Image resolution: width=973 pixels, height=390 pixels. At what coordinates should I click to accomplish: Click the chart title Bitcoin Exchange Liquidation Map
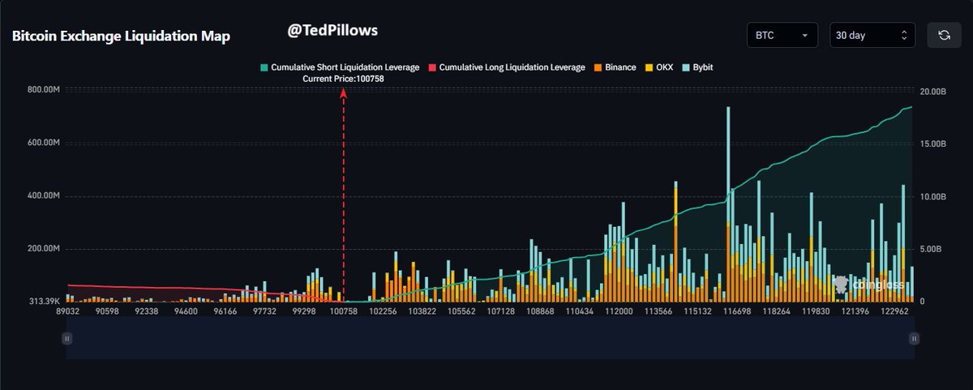(121, 36)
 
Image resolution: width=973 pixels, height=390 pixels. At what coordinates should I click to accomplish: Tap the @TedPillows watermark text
(332, 30)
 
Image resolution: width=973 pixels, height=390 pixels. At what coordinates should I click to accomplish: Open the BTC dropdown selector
(782, 36)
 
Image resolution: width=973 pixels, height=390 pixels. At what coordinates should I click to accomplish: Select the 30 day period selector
(872, 36)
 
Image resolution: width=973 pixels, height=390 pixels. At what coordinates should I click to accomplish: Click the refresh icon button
(944, 36)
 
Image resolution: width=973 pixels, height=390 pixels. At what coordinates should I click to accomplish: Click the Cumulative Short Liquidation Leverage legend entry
(339, 67)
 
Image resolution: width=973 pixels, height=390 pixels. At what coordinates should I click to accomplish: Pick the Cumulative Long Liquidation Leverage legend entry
(506, 67)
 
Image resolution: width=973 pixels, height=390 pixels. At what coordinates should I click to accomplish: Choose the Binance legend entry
(615, 67)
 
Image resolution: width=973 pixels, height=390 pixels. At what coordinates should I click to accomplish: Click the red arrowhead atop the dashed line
(343, 94)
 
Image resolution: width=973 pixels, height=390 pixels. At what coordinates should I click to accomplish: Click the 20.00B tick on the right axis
(933, 92)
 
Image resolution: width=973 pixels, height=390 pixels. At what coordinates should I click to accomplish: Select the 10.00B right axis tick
(933, 197)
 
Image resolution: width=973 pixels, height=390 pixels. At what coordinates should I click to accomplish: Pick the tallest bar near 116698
(728, 203)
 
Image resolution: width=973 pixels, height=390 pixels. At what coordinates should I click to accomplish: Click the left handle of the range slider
(67, 339)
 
